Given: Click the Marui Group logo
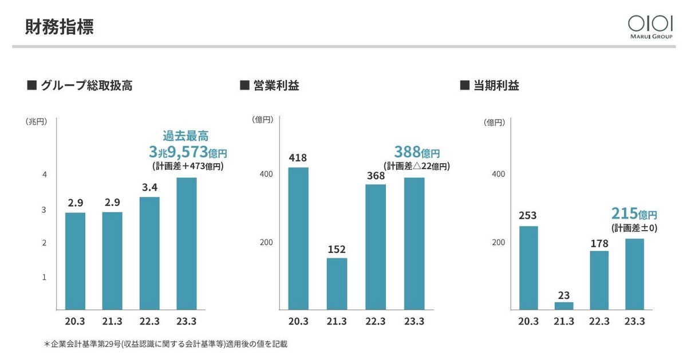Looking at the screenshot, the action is click(x=650, y=27).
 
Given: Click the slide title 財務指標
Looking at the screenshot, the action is click(x=59, y=27).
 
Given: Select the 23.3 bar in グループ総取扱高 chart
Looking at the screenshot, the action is click(x=187, y=243).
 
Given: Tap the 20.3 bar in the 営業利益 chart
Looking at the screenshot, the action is click(x=298, y=238).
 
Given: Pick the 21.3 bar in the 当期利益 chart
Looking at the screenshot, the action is click(x=564, y=306).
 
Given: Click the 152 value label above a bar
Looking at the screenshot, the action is click(x=337, y=250).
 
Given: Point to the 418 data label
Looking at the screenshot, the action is click(x=298, y=158).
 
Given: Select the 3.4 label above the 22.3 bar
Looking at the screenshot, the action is click(x=149, y=187).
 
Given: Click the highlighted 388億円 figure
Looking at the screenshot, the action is click(x=417, y=152).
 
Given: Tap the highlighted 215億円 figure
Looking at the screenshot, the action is click(x=634, y=213).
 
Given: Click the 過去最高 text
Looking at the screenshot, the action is click(x=185, y=136).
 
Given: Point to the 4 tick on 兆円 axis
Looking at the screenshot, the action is click(x=45, y=175).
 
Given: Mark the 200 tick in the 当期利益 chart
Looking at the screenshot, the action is click(x=499, y=242).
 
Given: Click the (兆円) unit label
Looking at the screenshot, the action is click(x=37, y=122).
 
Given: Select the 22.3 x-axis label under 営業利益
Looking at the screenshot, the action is click(x=376, y=321).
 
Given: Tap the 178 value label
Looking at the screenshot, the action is click(x=599, y=243).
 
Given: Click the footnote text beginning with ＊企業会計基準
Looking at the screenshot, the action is click(x=165, y=344).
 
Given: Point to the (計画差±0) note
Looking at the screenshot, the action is click(x=634, y=228).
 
